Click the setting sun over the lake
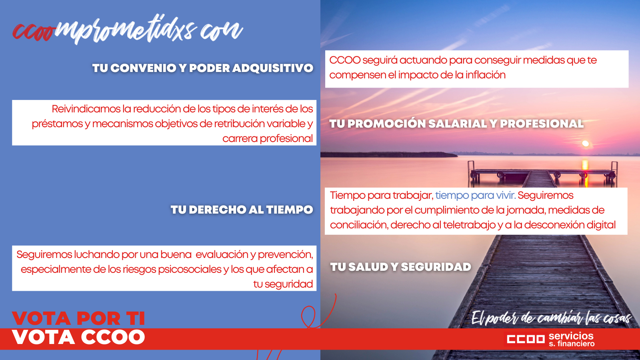pos(586,144)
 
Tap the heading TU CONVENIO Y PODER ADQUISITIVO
pos(203,68)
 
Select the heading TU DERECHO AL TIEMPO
pos(242,210)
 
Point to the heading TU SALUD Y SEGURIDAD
pos(400,267)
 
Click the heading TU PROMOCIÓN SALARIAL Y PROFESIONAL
pos(456,124)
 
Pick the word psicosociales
pos(190,270)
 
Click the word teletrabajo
pos(470,225)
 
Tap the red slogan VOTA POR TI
pos(78,318)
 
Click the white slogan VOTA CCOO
pos(78,337)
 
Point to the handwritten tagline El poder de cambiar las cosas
pos(551,318)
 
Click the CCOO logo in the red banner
pos(526,339)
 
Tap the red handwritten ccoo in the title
pos(33,32)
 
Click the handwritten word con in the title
pos(222,30)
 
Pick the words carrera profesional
pos(268,138)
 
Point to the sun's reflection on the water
pos(585,173)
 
